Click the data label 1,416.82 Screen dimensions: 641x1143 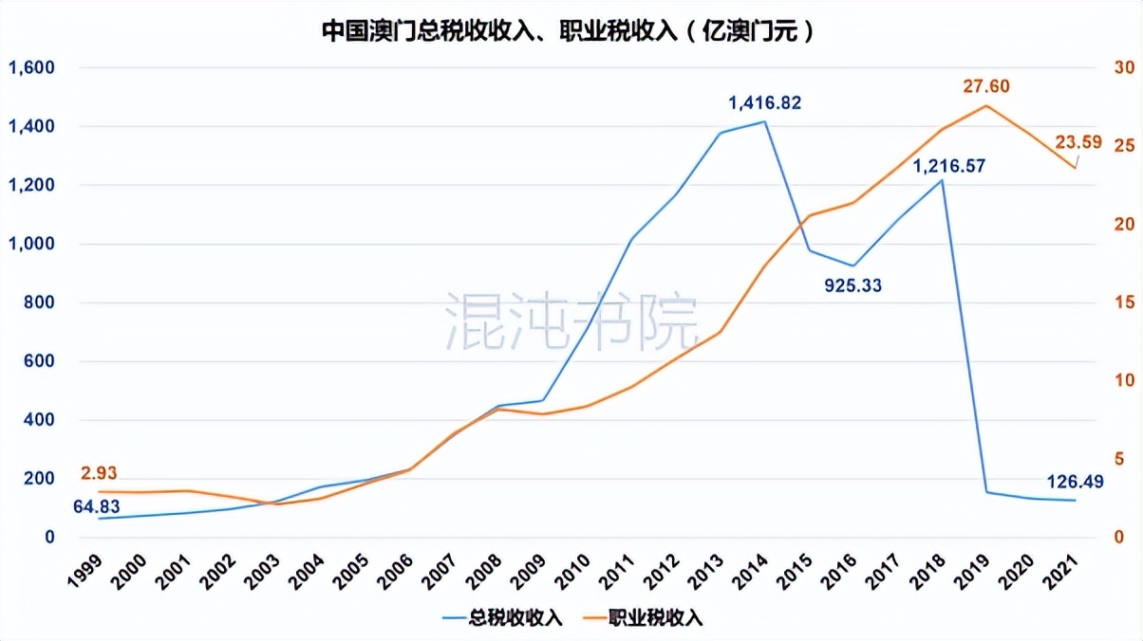pyautogui.click(x=765, y=102)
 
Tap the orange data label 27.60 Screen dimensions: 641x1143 pyautogui.click(x=986, y=86)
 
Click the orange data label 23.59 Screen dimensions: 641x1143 pyautogui.click(x=1079, y=142)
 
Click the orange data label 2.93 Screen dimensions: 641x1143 pyautogui.click(x=100, y=473)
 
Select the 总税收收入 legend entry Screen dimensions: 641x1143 pyautogui.click(x=503, y=618)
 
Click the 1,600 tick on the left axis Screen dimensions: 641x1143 pyautogui.click(x=32, y=68)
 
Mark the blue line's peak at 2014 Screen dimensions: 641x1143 pyautogui.click(x=764, y=121)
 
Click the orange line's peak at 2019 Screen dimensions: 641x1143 pyautogui.click(x=986, y=105)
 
